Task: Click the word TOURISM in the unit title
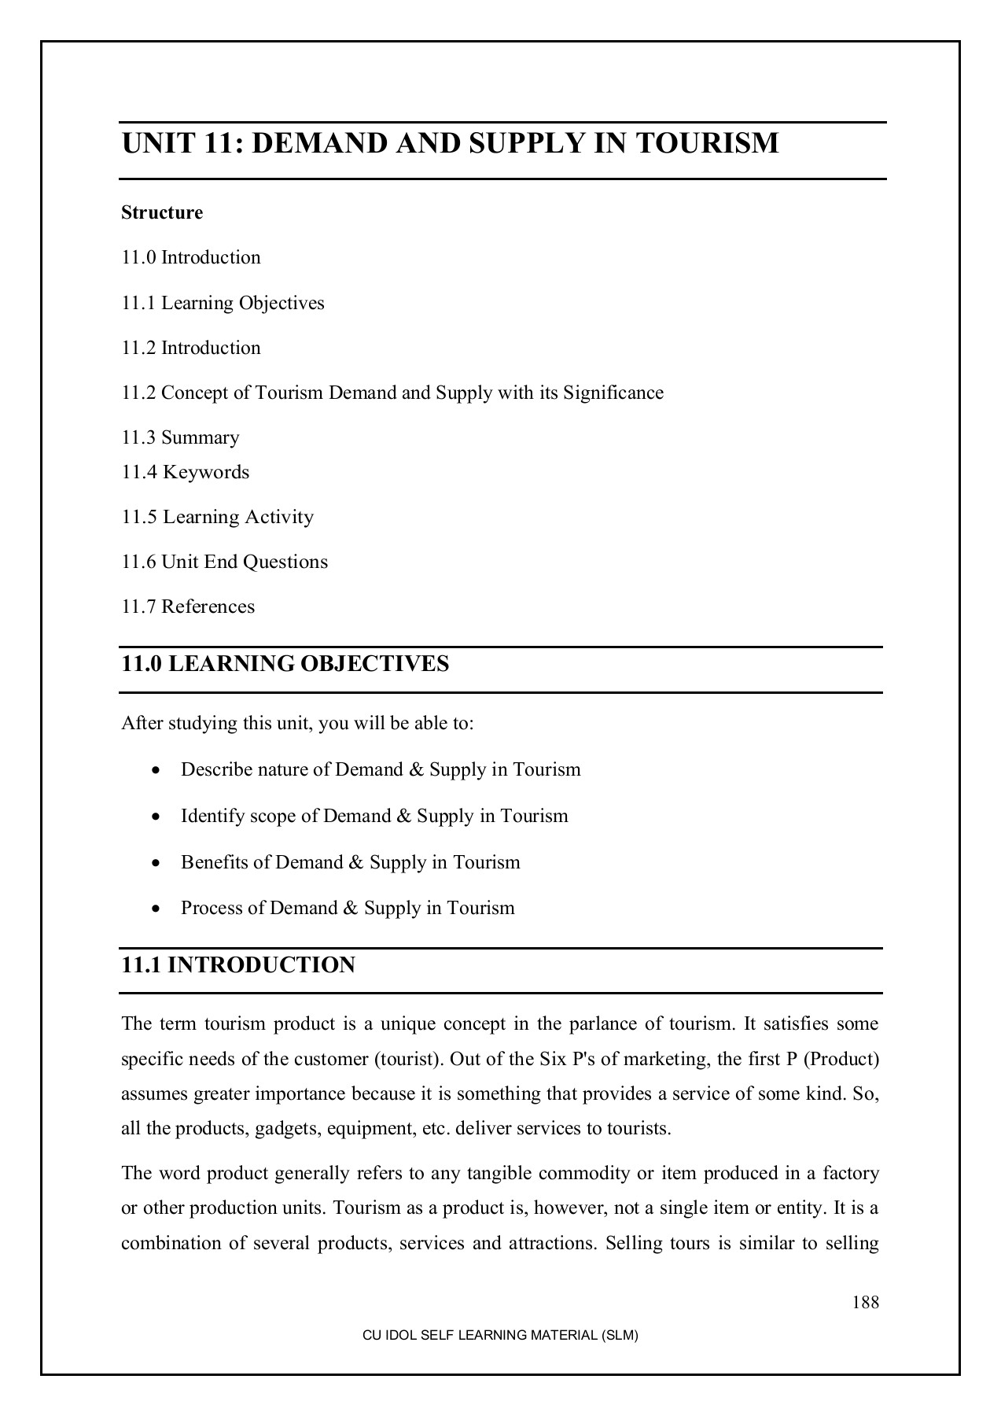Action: tap(707, 144)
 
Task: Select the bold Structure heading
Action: tap(162, 212)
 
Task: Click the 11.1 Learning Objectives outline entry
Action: tap(223, 303)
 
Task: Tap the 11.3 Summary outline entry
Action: tap(180, 437)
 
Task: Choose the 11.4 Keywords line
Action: tap(185, 472)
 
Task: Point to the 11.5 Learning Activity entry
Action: tap(217, 517)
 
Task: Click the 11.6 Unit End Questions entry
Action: tap(224, 562)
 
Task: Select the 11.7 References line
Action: tap(188, 607)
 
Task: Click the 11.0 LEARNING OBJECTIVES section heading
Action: tap(285, 664)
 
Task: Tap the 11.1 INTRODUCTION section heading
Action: tap(237, 965)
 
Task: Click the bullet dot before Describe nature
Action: tap(158, 770)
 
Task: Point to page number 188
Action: tap(865, 1302)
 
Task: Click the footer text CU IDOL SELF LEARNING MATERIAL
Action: tap(499, 1336)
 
